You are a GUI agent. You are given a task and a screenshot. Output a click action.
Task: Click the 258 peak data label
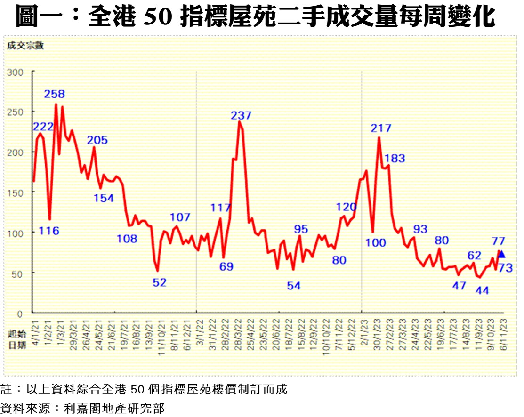coord(55,94)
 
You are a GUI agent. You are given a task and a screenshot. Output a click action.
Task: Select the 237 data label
coord(241,115)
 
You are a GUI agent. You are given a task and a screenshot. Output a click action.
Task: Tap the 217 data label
coord(381,128)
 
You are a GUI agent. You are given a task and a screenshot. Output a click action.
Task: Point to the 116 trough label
coord(49,231)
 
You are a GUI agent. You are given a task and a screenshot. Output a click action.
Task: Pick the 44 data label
coord(482,290)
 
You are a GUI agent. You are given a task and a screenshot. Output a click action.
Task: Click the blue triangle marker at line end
coord(502,254)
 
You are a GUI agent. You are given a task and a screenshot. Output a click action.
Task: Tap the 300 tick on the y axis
coord(15,72)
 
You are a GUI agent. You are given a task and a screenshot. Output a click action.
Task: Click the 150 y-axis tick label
coord(15,192)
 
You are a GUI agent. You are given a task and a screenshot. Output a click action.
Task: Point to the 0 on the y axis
coord(20,313)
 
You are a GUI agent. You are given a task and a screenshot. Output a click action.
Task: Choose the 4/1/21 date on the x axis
coord(32,332)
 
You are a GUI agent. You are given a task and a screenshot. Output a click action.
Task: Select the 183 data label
coord(395,159)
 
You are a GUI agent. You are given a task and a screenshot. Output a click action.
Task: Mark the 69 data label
coord(226,266)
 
